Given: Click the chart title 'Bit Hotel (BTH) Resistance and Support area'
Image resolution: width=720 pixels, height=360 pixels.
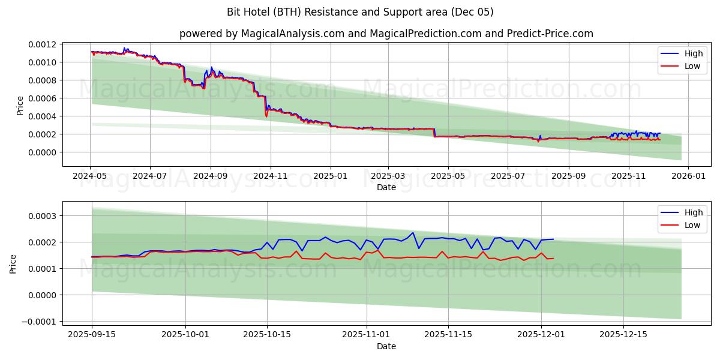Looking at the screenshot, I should click(x=360, y=12).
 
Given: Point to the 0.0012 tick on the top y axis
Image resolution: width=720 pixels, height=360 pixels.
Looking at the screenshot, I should click(x=43, y=44).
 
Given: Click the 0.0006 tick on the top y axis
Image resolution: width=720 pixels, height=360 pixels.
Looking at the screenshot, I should click(x=43, y=98).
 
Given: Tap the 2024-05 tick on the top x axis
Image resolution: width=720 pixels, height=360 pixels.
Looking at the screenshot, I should click(x=91, y=176).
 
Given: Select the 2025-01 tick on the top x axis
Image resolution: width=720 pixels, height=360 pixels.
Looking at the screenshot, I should click(x=331, y=176).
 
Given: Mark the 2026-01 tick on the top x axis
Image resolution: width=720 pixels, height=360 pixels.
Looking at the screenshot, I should click(x=688, y=176).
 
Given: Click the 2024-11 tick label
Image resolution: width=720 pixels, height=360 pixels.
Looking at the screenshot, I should click(x=271, y=176).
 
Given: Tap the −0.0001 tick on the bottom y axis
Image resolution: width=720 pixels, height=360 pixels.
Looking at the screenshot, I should click(x=40, y=322).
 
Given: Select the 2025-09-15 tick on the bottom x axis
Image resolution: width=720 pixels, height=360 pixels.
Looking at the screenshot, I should click(x=92, y=335).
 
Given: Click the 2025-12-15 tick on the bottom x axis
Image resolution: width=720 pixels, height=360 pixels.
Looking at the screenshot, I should click(x=623, y=335).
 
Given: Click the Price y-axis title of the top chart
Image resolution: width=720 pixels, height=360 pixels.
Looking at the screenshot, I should click(x=20, y=106).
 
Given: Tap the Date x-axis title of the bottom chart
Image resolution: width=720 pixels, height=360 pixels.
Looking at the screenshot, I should click(x=386, y=346).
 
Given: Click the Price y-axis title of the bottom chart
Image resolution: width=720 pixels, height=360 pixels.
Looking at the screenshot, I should click(x=13, y=264).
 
